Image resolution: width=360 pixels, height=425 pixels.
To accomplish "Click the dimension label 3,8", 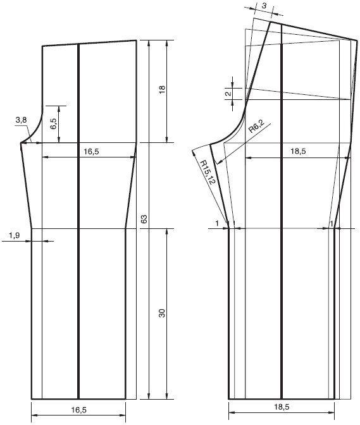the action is point(21,120).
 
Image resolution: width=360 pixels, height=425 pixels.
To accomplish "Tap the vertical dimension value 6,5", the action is point(54,124).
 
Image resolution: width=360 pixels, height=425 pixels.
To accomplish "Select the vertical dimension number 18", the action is point(162,89).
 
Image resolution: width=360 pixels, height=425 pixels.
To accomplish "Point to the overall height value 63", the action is point(144,219).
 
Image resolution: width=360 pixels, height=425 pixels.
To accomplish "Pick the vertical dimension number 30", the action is point(162,313).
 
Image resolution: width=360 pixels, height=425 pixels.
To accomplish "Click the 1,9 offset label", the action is point(15,235).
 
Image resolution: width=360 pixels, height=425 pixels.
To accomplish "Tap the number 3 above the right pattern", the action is point(264,6).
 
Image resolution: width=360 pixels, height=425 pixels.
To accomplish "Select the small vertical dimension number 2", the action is point(229,94).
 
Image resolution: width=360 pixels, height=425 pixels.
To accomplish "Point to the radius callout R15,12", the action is point(208,173).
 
